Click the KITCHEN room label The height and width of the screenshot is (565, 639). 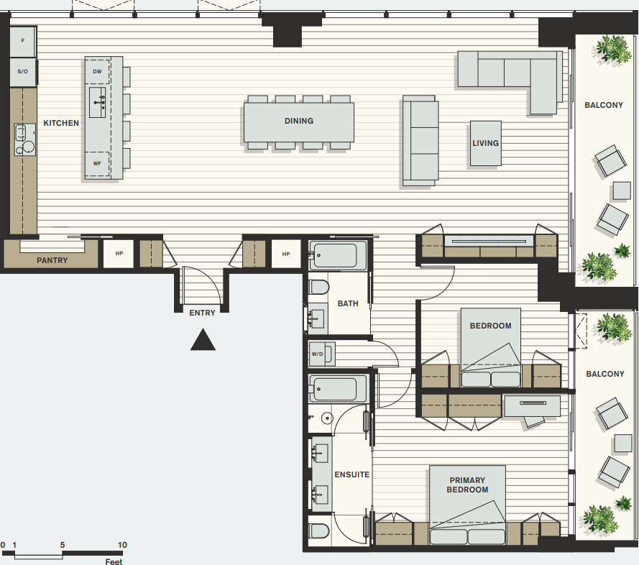coord(61,123)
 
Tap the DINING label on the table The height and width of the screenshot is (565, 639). coord(299,121)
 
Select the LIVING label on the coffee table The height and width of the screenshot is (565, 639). coord(485,144)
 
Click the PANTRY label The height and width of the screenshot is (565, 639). coord(52,260)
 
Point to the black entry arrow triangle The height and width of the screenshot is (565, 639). coord(203,340)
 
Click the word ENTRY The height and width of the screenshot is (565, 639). coord(202,313)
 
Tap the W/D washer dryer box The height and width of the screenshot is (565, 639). coord(322,354)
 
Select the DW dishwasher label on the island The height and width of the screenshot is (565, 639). coord(97,72)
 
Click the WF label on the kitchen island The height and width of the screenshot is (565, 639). coord(97,164)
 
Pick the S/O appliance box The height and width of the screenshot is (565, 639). coord(23,72)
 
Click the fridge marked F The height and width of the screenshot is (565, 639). coord(23,41)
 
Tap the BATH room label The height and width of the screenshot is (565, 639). coord(348,303)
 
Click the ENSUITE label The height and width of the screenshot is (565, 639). coord(352,475)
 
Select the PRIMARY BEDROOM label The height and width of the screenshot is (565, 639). coord(467,485)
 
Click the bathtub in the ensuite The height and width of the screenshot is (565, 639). coord(338,388)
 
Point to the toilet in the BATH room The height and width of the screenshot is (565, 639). coord(318,288)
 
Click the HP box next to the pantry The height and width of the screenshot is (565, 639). coord(119,254)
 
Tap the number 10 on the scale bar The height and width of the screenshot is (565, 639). coord(122,545)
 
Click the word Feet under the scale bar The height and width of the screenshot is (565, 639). coord(114,561)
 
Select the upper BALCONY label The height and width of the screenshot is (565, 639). coord(604,105)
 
